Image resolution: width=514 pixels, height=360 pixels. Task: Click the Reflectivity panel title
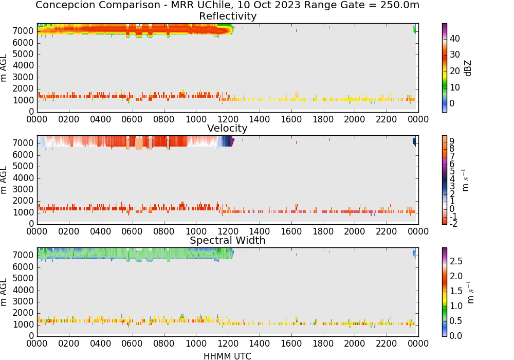point(228,16)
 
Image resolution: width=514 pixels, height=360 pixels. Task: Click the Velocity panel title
point(227,128)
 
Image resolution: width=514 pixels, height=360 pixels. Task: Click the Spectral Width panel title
point(228,240)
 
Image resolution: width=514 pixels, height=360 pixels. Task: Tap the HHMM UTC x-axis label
point(227,356)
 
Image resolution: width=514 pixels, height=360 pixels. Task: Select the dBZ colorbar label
point(468,68)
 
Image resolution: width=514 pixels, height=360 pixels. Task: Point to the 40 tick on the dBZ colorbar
point(455,39)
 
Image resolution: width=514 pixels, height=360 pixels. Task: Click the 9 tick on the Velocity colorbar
point(452,141)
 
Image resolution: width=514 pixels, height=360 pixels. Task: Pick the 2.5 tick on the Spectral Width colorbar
point(456,261)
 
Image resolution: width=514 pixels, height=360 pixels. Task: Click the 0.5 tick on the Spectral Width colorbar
point(456,320)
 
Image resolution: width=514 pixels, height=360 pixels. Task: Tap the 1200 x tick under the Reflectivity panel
point(228,119)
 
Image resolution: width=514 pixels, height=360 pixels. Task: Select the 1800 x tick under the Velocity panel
point(323,231)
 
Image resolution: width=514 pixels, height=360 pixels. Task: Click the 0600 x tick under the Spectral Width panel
point(132,343)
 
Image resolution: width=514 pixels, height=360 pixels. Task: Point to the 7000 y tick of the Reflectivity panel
point(23,31)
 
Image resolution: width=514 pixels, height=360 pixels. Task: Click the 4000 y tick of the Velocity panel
point(23,178)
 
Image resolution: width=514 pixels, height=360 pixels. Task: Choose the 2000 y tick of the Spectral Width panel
point(23,313)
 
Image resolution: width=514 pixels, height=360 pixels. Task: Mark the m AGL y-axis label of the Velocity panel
point(4,180)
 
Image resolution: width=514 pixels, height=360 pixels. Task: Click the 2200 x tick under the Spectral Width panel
point(387,343)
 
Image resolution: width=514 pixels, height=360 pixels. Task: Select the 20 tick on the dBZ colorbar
point(455,71)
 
